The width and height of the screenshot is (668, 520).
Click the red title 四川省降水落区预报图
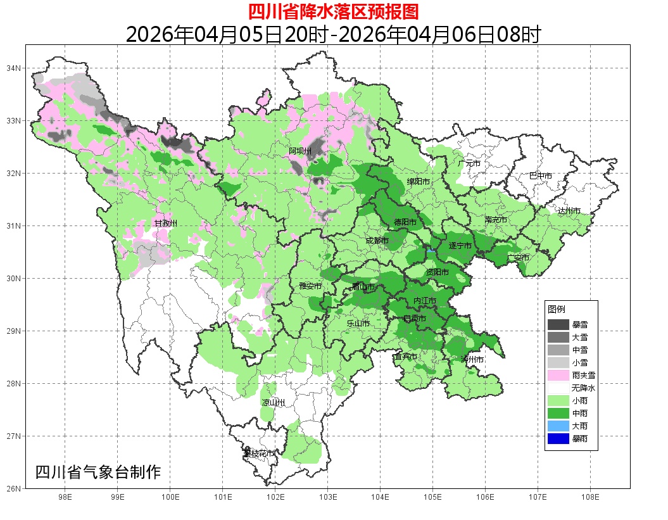click(x=334, y=11)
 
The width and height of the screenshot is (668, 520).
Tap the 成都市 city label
click(x=377, y=241)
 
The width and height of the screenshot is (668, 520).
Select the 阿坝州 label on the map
click(x=300, y=151)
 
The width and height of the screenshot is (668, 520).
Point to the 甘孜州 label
click(x=166, y=224)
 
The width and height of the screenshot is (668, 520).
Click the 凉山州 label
click(x=274, y=403)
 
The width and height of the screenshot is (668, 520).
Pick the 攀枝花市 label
click(x=260, y=453)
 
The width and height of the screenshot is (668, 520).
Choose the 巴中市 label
click(x=541, y=175)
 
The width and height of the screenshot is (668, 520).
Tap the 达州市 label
click(x=569, y=210)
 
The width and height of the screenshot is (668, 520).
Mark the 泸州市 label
click(x=472, y=359)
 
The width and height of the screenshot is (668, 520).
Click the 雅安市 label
click(x=310, y=286)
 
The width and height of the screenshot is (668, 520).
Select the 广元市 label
click(x=469, y=163)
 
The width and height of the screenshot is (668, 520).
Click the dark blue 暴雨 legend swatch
click(x=558, y=438)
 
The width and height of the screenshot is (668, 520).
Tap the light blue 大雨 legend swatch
click(x=558, y=426)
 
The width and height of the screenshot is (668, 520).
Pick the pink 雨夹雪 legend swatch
click(x=558, y=375)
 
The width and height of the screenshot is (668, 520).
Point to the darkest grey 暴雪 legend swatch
click(x=558, y=324)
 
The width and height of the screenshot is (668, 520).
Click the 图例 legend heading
click(x=557, y=309)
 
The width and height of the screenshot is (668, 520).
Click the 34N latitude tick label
click(x=14, y=68)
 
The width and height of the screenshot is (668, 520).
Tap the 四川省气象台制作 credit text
click(x=98, y=472)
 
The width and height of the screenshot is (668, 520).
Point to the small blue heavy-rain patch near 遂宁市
click(x=431, y=251)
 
